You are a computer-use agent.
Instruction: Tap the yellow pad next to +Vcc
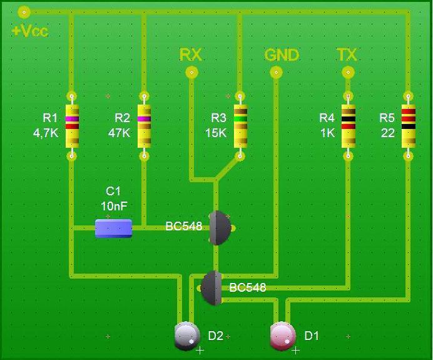click(24, 11)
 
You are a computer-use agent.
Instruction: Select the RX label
click(191, 54)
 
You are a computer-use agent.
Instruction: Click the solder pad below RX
click(192, 73)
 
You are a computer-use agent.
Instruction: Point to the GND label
click(282, 55)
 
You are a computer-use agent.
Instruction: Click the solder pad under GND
click(276, 73)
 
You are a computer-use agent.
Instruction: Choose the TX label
click(347, 54)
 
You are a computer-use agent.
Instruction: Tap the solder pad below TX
click(348, 73)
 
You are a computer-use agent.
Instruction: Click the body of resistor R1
click(72, 125)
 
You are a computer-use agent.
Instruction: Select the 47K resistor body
click(144, 125)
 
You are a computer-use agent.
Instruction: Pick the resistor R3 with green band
click(240, 125)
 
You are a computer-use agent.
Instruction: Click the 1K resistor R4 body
click(349, 125)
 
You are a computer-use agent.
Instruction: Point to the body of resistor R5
click(408, 125)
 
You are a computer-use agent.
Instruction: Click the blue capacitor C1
click(113, 228)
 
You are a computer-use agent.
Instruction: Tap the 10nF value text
click(114, 205)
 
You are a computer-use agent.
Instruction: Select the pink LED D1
click(282, 336)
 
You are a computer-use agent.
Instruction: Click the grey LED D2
click(186, 336)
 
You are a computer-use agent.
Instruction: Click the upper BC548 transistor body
click(220, 227)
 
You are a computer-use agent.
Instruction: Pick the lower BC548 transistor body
click(212, 287)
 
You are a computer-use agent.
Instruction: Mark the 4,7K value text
click(45, 133)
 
